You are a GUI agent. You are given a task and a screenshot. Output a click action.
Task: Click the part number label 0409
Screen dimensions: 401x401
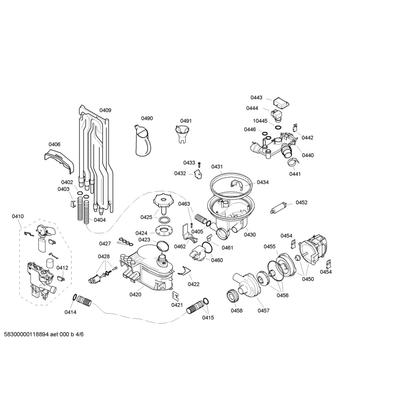tap(105, 110)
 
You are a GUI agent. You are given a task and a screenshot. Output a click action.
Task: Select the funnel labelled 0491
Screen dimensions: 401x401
tap(183, 133)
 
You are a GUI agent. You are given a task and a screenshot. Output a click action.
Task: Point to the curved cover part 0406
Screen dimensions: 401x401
tap(59, 161)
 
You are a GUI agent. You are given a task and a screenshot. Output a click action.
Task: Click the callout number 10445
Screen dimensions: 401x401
tap(260, 121)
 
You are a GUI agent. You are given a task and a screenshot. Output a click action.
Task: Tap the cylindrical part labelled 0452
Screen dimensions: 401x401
tap(278, 208)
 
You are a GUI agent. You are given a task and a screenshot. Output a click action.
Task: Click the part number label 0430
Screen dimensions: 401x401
tap(249, 235)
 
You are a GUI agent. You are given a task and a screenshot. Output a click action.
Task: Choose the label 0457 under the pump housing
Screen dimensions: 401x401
tap(264, 311)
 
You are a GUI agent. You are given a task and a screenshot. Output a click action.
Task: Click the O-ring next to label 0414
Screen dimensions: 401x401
tap(74, 297)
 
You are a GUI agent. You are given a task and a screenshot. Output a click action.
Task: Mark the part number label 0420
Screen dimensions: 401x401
tap(135, 294)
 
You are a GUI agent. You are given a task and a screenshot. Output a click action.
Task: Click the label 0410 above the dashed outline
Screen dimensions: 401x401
tap(18, 216)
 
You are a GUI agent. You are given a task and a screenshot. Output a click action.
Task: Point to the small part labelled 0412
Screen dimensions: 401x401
tap(61, 278)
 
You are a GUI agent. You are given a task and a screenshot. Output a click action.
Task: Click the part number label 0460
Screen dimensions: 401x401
tap(217, 260)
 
